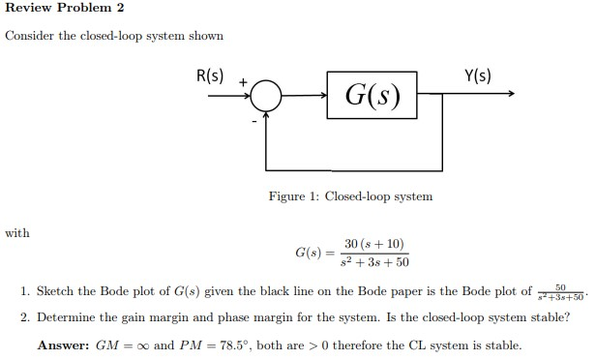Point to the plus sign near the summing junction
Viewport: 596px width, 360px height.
pos(242,82)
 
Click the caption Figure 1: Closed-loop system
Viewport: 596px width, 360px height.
pos(350,196)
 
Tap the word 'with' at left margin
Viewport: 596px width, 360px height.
pos(16,233)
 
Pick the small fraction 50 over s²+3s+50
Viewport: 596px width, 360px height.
pos(560,291)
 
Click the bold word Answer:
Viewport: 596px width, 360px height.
pos(65,345)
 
